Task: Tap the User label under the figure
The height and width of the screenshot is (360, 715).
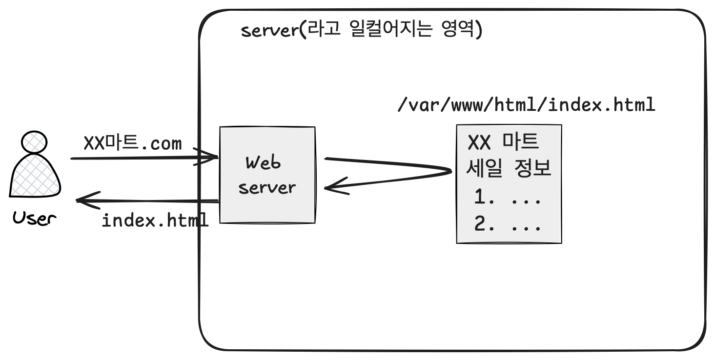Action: pos(34,218)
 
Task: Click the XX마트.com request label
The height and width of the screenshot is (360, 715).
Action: pos(133,143)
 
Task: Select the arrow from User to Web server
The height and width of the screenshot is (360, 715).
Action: pos(142,158)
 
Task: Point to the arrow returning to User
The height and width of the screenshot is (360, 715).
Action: pos(146,200)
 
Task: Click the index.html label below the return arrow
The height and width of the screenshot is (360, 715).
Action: pos(155,220)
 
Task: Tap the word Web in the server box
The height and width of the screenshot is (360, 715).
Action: pos(264,163)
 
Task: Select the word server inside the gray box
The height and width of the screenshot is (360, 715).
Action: pos(267,187)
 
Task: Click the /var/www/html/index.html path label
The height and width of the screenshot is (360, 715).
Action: pos(526,105)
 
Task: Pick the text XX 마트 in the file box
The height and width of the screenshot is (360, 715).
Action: pos(503,142)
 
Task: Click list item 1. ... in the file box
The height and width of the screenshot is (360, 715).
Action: pos(508,198)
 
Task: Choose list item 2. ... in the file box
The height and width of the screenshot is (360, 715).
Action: pos(508,225)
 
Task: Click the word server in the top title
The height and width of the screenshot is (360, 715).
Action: pos(269,31)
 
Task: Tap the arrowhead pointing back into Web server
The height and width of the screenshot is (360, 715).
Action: pos(337,187)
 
